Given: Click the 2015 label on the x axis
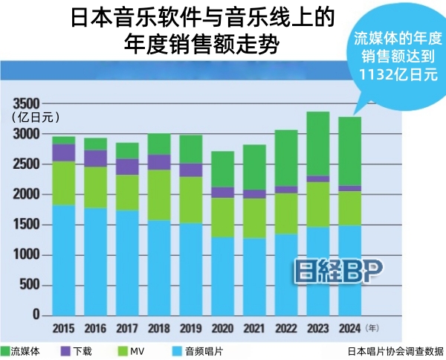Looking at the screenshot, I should (x=64, y=327).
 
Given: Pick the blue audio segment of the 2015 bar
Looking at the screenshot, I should (x=64, y=260).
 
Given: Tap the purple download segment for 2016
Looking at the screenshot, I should (x=95, y=158).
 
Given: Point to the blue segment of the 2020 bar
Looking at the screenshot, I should (x=223, y=276).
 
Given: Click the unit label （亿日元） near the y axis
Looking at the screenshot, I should (x=36, y=117).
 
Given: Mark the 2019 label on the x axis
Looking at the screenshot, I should (x=191, y=327).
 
